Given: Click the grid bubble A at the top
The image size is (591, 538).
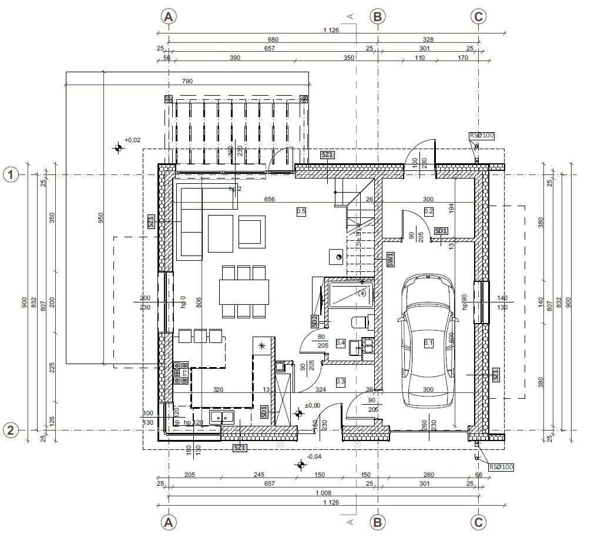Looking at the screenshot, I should (x=169, y=16).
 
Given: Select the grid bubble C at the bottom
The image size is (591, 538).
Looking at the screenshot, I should (x=478, y=522).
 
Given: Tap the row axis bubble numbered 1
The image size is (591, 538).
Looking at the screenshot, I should (x=10, y=174).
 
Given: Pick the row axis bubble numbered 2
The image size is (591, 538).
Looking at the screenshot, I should (x=10, y=430).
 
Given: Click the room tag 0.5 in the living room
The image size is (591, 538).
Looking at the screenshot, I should (x=301, y=211).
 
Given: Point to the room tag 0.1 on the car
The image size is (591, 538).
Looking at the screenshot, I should (x=428, y=343).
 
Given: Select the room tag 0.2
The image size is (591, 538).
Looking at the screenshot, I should (x=428, y=211).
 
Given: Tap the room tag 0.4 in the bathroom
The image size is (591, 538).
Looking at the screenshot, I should (x=340, y=342).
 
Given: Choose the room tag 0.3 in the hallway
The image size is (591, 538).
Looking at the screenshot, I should (x=340, y=382).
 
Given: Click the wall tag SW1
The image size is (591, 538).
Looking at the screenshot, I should (x=389, y=260).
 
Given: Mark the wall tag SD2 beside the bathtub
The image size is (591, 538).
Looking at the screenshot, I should (x=315, y=321).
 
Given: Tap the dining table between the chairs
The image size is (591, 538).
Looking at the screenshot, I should (x=244, y=291).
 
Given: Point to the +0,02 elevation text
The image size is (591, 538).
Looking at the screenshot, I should (x=133, y=140).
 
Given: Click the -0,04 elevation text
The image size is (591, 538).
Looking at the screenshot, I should (x=314, y=456).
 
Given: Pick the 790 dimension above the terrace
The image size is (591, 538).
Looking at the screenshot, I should (x=187, y=81).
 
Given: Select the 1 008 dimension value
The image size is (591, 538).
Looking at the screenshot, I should (x=322, y=493).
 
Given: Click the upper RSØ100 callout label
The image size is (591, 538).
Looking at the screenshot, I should (x=482, y=136).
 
